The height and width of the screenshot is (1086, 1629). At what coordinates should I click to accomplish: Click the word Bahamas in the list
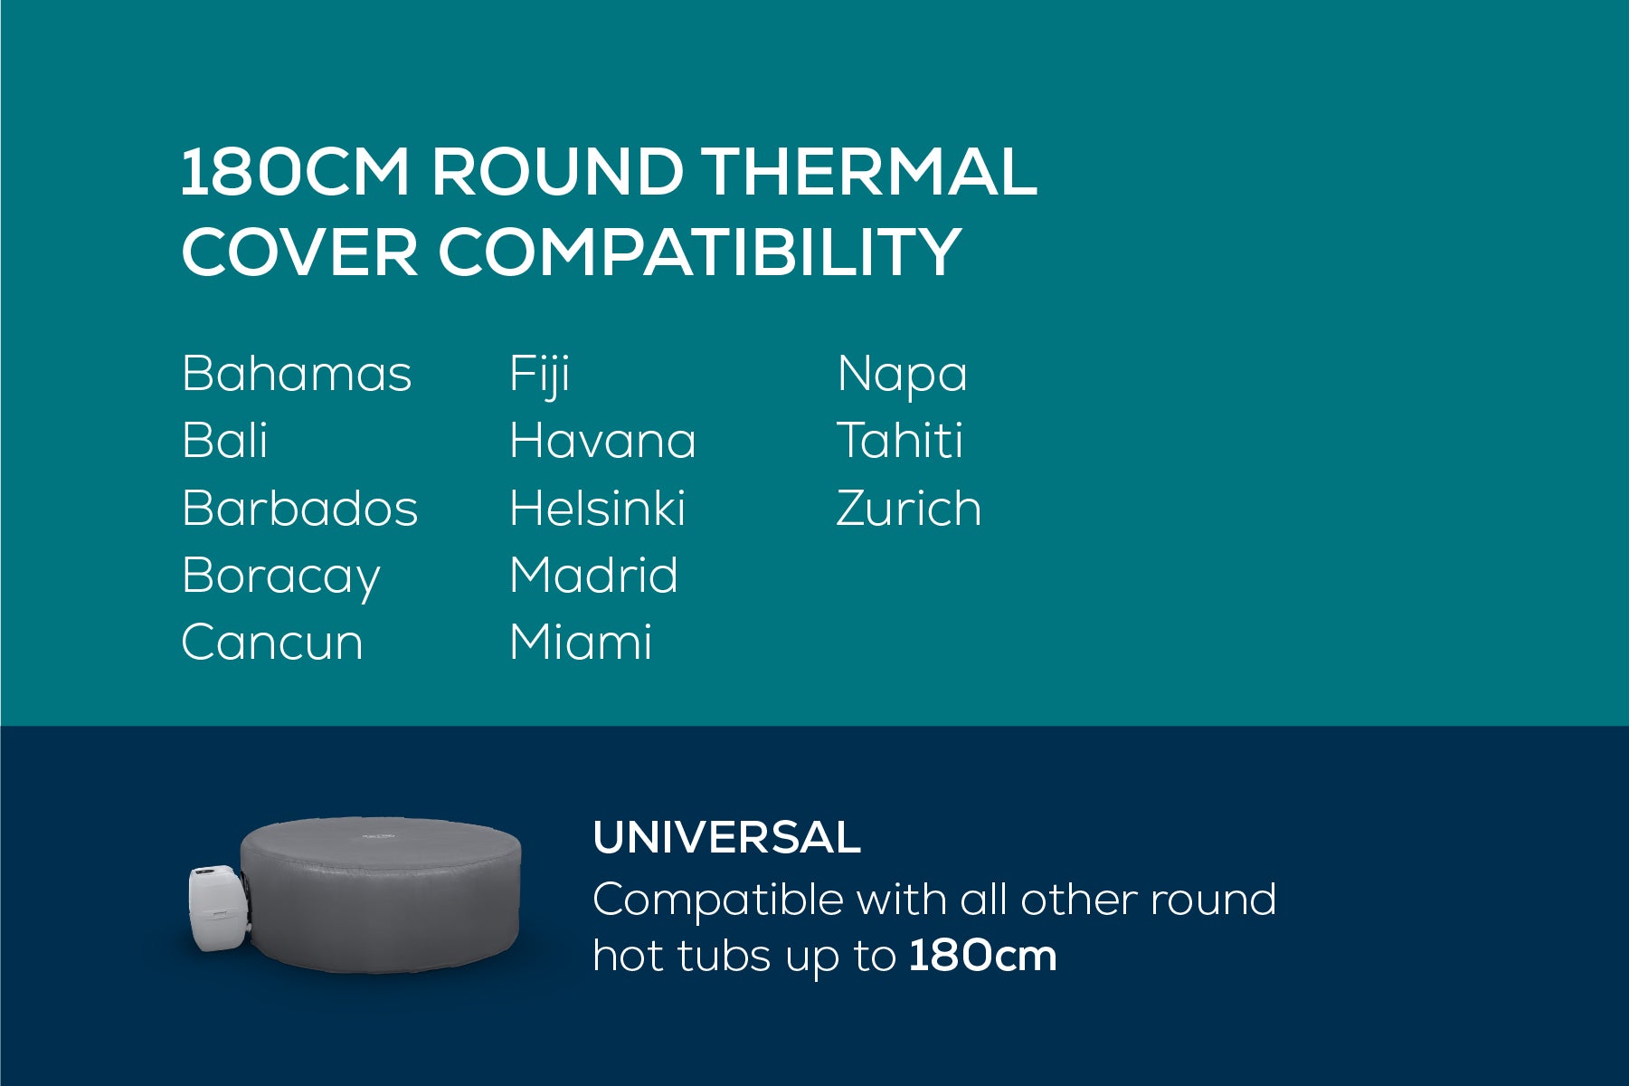(x=297, y=373)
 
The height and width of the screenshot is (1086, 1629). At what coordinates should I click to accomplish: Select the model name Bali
(x=224, y=440)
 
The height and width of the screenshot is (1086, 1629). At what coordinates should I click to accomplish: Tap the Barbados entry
(x=300, y=508)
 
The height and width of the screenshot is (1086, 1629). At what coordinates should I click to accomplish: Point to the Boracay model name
(x=281, y=577)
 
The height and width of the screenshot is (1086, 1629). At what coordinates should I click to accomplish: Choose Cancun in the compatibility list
(x=272, y=643)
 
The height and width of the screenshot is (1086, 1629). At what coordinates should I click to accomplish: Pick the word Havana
(x=603, y=441)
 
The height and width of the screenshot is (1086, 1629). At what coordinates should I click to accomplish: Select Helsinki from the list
(x=598, y=508)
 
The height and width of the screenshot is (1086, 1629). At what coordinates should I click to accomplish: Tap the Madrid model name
(x=593, y=575)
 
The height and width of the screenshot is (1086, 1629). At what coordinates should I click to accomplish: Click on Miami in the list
(x=581, y=643)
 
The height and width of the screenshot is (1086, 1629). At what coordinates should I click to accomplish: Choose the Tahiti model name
(x=900, y=440)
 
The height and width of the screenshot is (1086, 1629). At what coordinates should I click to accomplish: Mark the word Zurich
(x=909, y=508)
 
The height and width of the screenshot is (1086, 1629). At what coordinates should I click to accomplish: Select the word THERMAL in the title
(x=870, y=172)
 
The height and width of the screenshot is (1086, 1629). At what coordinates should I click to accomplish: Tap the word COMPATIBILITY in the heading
(x=699, y=251)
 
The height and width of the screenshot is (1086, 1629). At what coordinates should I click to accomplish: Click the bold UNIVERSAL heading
(x=727, y=837)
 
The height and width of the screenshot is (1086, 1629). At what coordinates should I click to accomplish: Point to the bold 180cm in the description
(x=983, y=956)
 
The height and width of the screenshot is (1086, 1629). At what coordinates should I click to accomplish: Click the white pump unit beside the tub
(x=214, y=908)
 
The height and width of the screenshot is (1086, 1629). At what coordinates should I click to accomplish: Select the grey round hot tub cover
(x=382, y=894)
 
